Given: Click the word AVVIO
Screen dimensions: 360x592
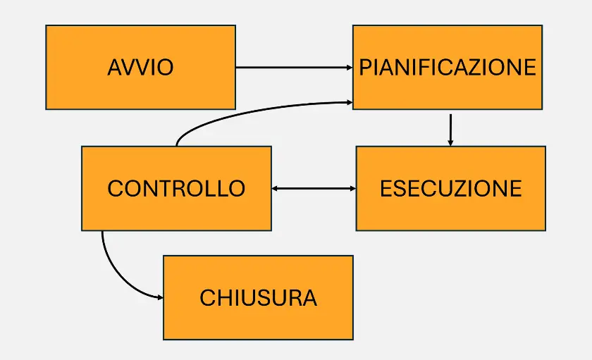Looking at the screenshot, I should pos(140,68).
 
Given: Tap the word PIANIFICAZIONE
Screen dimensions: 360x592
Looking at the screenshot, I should pos(448,68).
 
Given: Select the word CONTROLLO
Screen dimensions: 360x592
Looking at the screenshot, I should pos(176,189).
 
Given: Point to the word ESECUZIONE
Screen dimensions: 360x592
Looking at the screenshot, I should pos(450,189).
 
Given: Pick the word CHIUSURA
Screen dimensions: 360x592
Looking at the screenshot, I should pos(258,298).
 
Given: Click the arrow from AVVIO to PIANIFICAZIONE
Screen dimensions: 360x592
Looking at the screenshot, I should pos(293,68).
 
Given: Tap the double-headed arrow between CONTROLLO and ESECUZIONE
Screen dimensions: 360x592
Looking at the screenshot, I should pos(314,189).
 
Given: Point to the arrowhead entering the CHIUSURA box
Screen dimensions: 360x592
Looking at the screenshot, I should pos(159,298).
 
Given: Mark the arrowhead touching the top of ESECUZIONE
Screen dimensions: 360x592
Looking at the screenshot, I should pos(450,142).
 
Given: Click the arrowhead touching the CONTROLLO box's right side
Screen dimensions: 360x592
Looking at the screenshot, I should pos(276,189).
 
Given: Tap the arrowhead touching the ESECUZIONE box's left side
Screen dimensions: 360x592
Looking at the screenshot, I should pos(352,189).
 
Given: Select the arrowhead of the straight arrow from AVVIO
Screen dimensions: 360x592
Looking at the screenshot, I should pos(349,68).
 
